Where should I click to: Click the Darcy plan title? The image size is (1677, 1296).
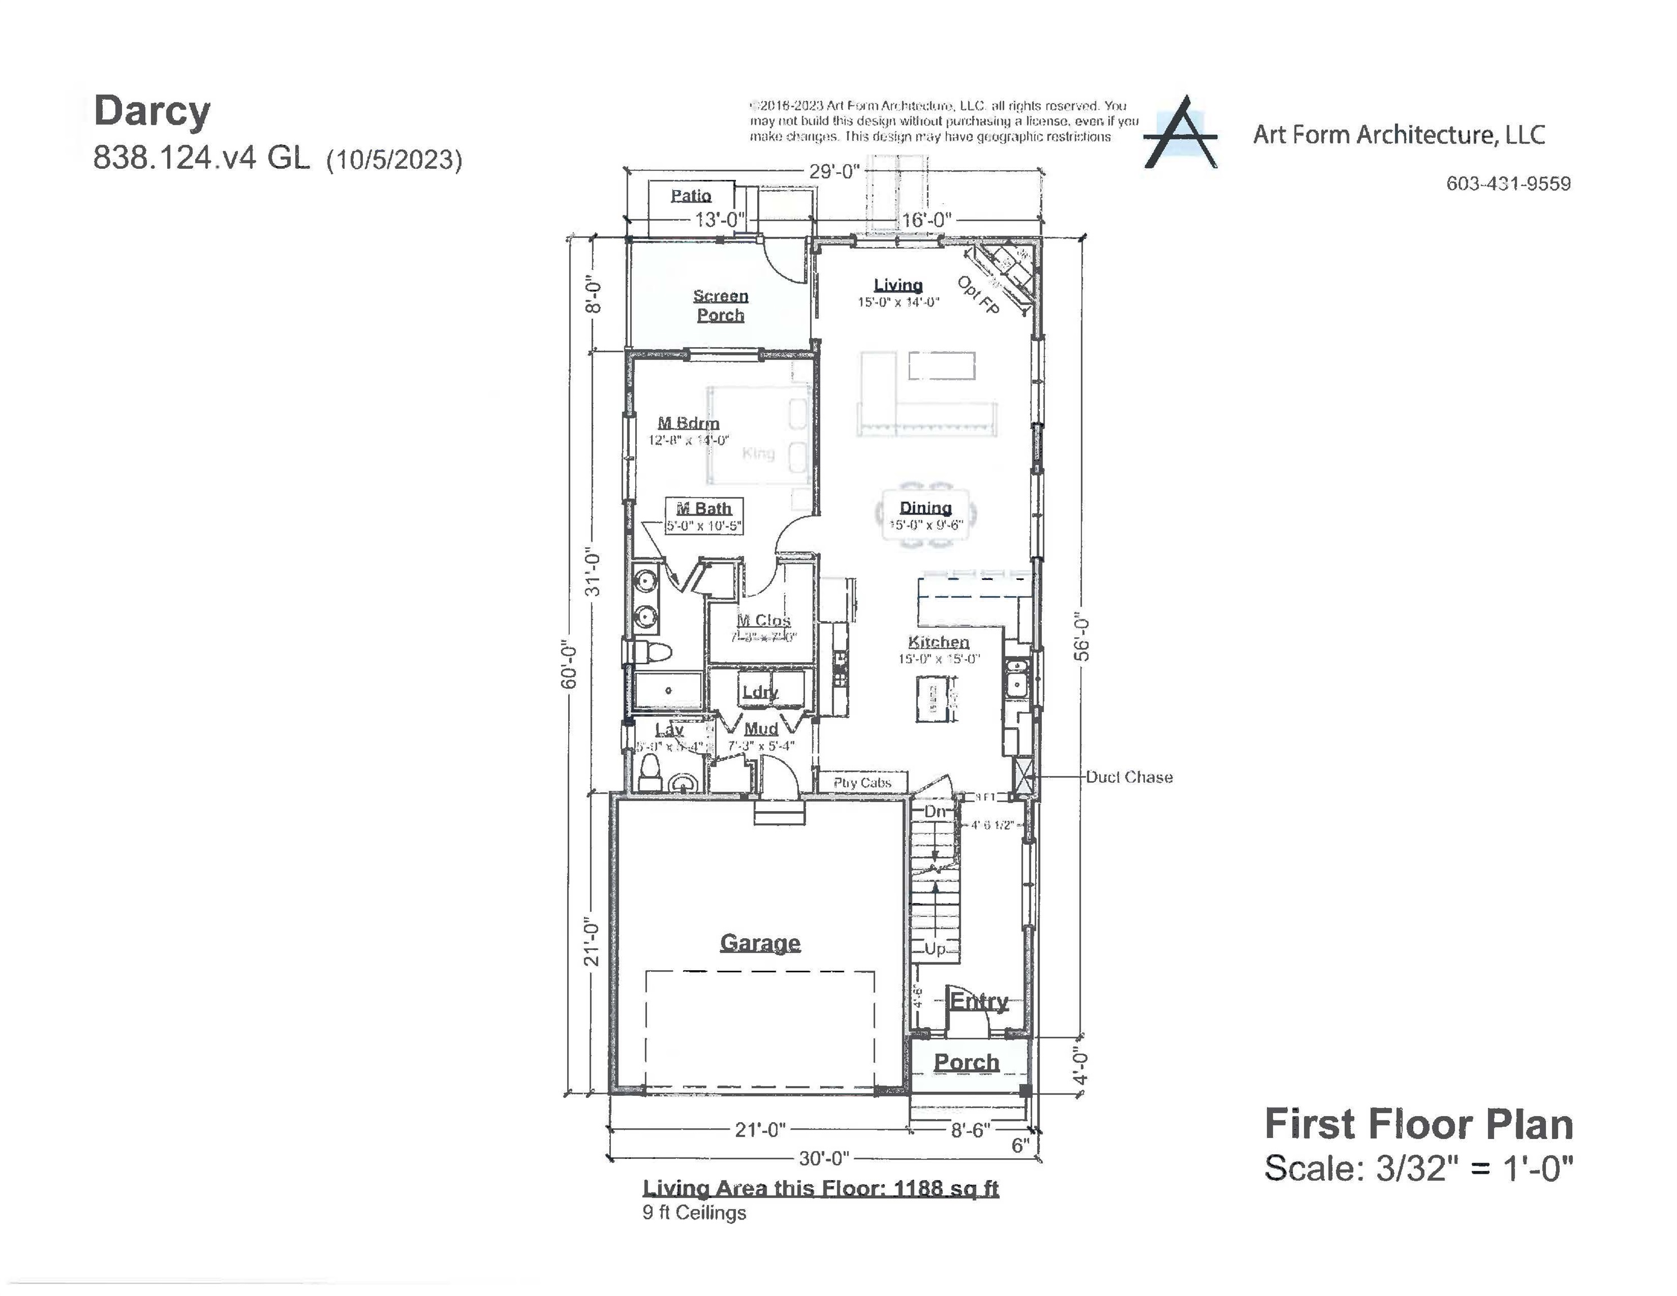pyautogui.click(x=151, y=111)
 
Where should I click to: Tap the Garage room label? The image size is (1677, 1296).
pyautogui.click(x=759, y=942)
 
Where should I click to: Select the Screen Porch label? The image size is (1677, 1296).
pyautogui.click(x=720, y=305)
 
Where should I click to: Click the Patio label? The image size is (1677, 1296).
pyautogui.click(x=691, y=195)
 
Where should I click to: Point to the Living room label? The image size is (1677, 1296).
pyautogui.click(x=898, y=285)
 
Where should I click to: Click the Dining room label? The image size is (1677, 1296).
pyautogui.click(x=925, y=507)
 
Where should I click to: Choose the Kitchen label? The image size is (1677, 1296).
pyautogui.click(x=938, y=642)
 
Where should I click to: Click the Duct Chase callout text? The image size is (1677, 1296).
pyautogui.click(x=1129, y=777)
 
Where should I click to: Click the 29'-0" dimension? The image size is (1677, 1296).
pyautogui.click(x=834, y=171)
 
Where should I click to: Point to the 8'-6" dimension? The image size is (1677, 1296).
pyautogui.click(x=970, y=1130)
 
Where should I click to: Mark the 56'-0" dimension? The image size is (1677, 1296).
pyautogui.click(x=1081, y=636)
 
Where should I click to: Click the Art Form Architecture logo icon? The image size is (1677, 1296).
pyautogui.click(x=1181, y=132)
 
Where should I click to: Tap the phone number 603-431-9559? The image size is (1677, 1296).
pyautogui.click(x=1508, y=183)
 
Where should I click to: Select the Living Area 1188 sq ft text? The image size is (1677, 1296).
pyautogui.click(x=820, y=1188)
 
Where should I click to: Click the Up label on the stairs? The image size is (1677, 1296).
pyautogui.click(x=934, y=948)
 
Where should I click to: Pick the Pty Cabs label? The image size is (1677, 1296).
pyautogui.click(x=861, y=782)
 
